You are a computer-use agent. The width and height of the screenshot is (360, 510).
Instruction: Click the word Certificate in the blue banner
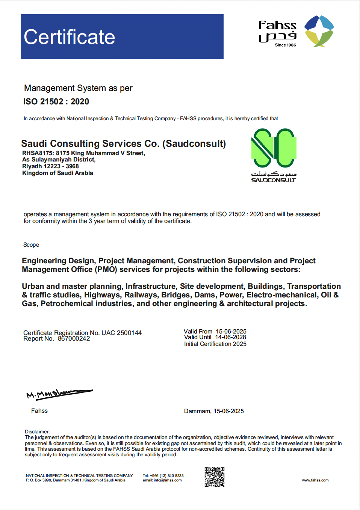[x=70, y=37]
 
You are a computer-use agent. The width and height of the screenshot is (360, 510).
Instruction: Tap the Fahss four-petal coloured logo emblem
[x=319, y=31]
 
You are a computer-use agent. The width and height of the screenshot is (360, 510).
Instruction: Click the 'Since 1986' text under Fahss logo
[x=285, y=45]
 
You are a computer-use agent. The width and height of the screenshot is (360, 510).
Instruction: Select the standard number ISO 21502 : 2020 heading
[x=56, y=102]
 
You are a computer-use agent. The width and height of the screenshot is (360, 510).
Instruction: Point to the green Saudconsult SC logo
[x=274, y=148]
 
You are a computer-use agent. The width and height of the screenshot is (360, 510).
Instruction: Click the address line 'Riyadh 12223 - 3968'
[x=50, y=166]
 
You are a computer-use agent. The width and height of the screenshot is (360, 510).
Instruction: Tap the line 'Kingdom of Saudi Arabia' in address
[x=57, y=173]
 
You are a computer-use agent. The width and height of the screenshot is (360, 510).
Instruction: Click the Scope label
[x=31, y=245]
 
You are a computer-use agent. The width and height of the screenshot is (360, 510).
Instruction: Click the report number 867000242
[x=74, y=339]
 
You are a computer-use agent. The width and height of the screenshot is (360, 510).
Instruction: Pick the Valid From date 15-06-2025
[x=231, y=331]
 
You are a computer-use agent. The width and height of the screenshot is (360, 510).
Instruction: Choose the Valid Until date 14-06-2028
[x=230, y=337]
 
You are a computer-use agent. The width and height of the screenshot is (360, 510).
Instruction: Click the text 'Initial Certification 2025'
[x=215, y=344]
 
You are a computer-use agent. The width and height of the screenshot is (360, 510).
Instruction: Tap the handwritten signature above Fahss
[x=59, y=393]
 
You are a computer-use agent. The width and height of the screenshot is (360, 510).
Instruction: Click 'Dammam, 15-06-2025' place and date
[x=214, y=411]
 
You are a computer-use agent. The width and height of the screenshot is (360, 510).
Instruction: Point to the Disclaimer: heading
[x=37, y=432]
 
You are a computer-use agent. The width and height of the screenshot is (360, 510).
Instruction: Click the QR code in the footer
[x=215, y=477]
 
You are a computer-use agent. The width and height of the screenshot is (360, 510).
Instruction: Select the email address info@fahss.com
[x=168, y=480]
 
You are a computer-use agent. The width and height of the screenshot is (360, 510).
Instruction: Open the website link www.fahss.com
[x=315, y=480]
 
